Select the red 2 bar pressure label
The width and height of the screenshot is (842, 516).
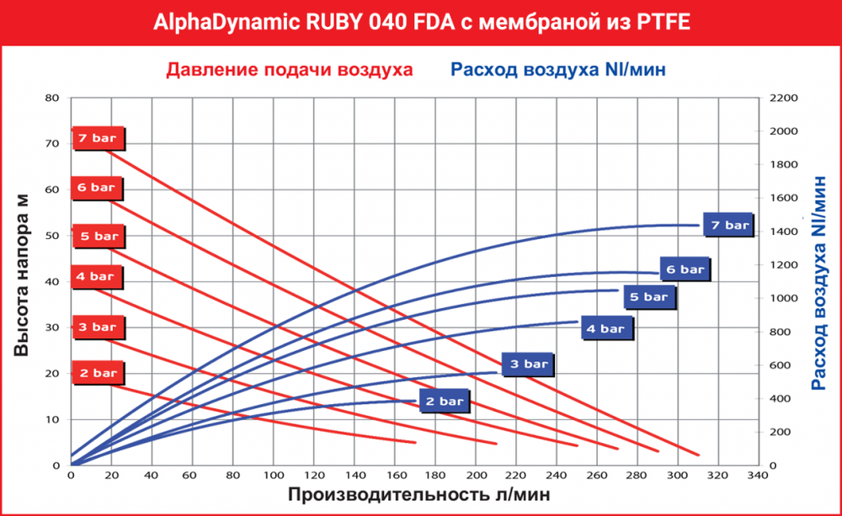[99, 373]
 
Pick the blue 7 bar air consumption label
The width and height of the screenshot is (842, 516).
[729, 225]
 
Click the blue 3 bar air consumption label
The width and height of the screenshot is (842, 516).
[529, 364]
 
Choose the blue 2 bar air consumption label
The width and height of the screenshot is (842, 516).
[445, 402]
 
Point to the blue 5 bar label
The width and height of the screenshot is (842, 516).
[649, 296]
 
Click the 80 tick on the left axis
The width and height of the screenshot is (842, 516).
[52, 98]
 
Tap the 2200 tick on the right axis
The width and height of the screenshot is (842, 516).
[782, 98]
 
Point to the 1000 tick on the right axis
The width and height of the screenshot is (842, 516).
[782, 299]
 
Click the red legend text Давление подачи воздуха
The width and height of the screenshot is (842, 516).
[290, 69]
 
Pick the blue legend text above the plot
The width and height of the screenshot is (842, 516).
[558, 69]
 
